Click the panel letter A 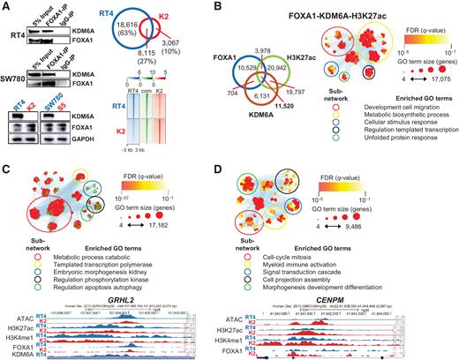coord(6,7)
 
